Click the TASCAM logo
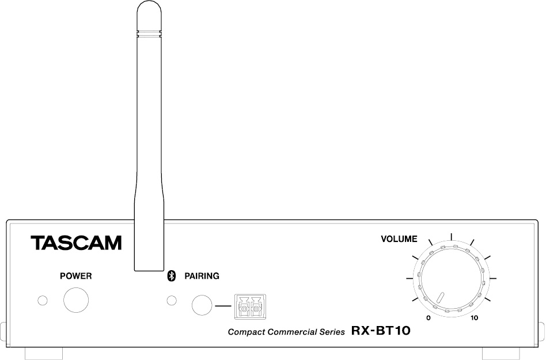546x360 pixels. pos(76,242)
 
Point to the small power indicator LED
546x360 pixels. pos(43,301)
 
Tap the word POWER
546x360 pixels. pos(76,276)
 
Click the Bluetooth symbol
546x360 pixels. pos(171,276)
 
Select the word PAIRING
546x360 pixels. pos(202,276)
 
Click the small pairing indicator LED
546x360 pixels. pos(172,301)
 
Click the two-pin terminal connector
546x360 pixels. pos(251,307)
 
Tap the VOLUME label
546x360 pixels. pos(399,239)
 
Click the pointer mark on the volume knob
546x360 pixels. pos(441,298)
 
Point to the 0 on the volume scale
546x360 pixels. pos(429,318)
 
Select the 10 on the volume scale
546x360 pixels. pos(474,318)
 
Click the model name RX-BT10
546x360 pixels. pos(381,331)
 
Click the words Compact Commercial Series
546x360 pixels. pos(286,332)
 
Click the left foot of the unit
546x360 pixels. pos(44,354)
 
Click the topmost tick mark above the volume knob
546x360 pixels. pos(452,237)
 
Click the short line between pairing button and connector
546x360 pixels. pos(223,306)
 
